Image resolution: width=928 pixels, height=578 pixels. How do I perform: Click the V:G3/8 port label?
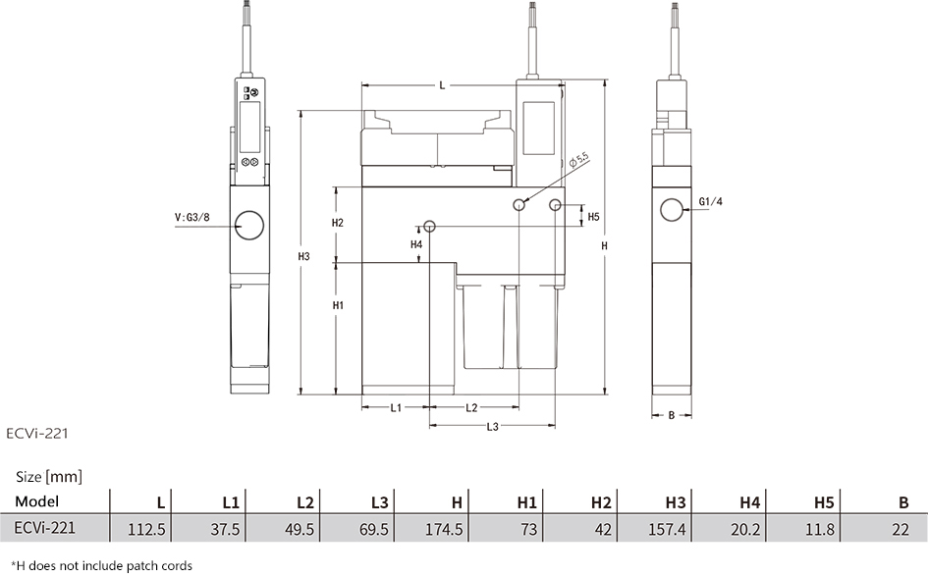pyautogui.click(x=191, y=217)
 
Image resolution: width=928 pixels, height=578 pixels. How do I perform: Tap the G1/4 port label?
pyautogui.click(x=710, y=202)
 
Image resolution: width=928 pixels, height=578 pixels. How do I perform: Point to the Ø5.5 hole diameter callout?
pyautogui.click(x=578, y=161)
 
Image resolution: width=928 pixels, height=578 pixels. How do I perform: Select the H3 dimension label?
pyautogui.click(x=303, y=257)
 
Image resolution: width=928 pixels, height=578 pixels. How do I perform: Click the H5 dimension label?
pyautogui.click(x=593, y=217)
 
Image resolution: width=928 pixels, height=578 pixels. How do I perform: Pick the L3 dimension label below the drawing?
pyautogui.click(x=492, y=427)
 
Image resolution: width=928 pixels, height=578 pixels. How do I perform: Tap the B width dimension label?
pyautogui.click(x=671, y=415)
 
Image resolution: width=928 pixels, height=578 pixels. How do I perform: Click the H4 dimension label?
pyautogui.click(x=416, y=244)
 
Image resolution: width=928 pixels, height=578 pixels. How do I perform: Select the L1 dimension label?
pyautogui.click(x=396, y=407)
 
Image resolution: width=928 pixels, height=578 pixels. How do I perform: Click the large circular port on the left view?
pyautogui.click(x=249, y=226)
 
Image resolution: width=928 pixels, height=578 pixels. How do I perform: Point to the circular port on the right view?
pyautogui.click(x=672, y=209)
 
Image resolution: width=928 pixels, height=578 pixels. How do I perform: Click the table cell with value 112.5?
pyautogui.click(x=146, y=529)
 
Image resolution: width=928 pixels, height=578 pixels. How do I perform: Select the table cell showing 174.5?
pyautogui.click(x=444, y=529)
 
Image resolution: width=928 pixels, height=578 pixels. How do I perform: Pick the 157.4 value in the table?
pyautogui.click(x=667, y=529)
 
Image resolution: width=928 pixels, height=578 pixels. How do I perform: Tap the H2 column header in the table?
pyautogui.click(x=601, y=502)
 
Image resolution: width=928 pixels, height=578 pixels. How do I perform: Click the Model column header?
pyautogui.click(x=36, y=501)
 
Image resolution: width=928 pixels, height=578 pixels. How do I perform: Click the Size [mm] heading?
pyautogui.click(x=49, y=477)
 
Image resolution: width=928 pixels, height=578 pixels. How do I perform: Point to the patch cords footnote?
pyautogui.click(x=102, y=566)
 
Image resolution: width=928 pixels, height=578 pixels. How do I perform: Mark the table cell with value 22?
pyautogui.click(x=901, y=529)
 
